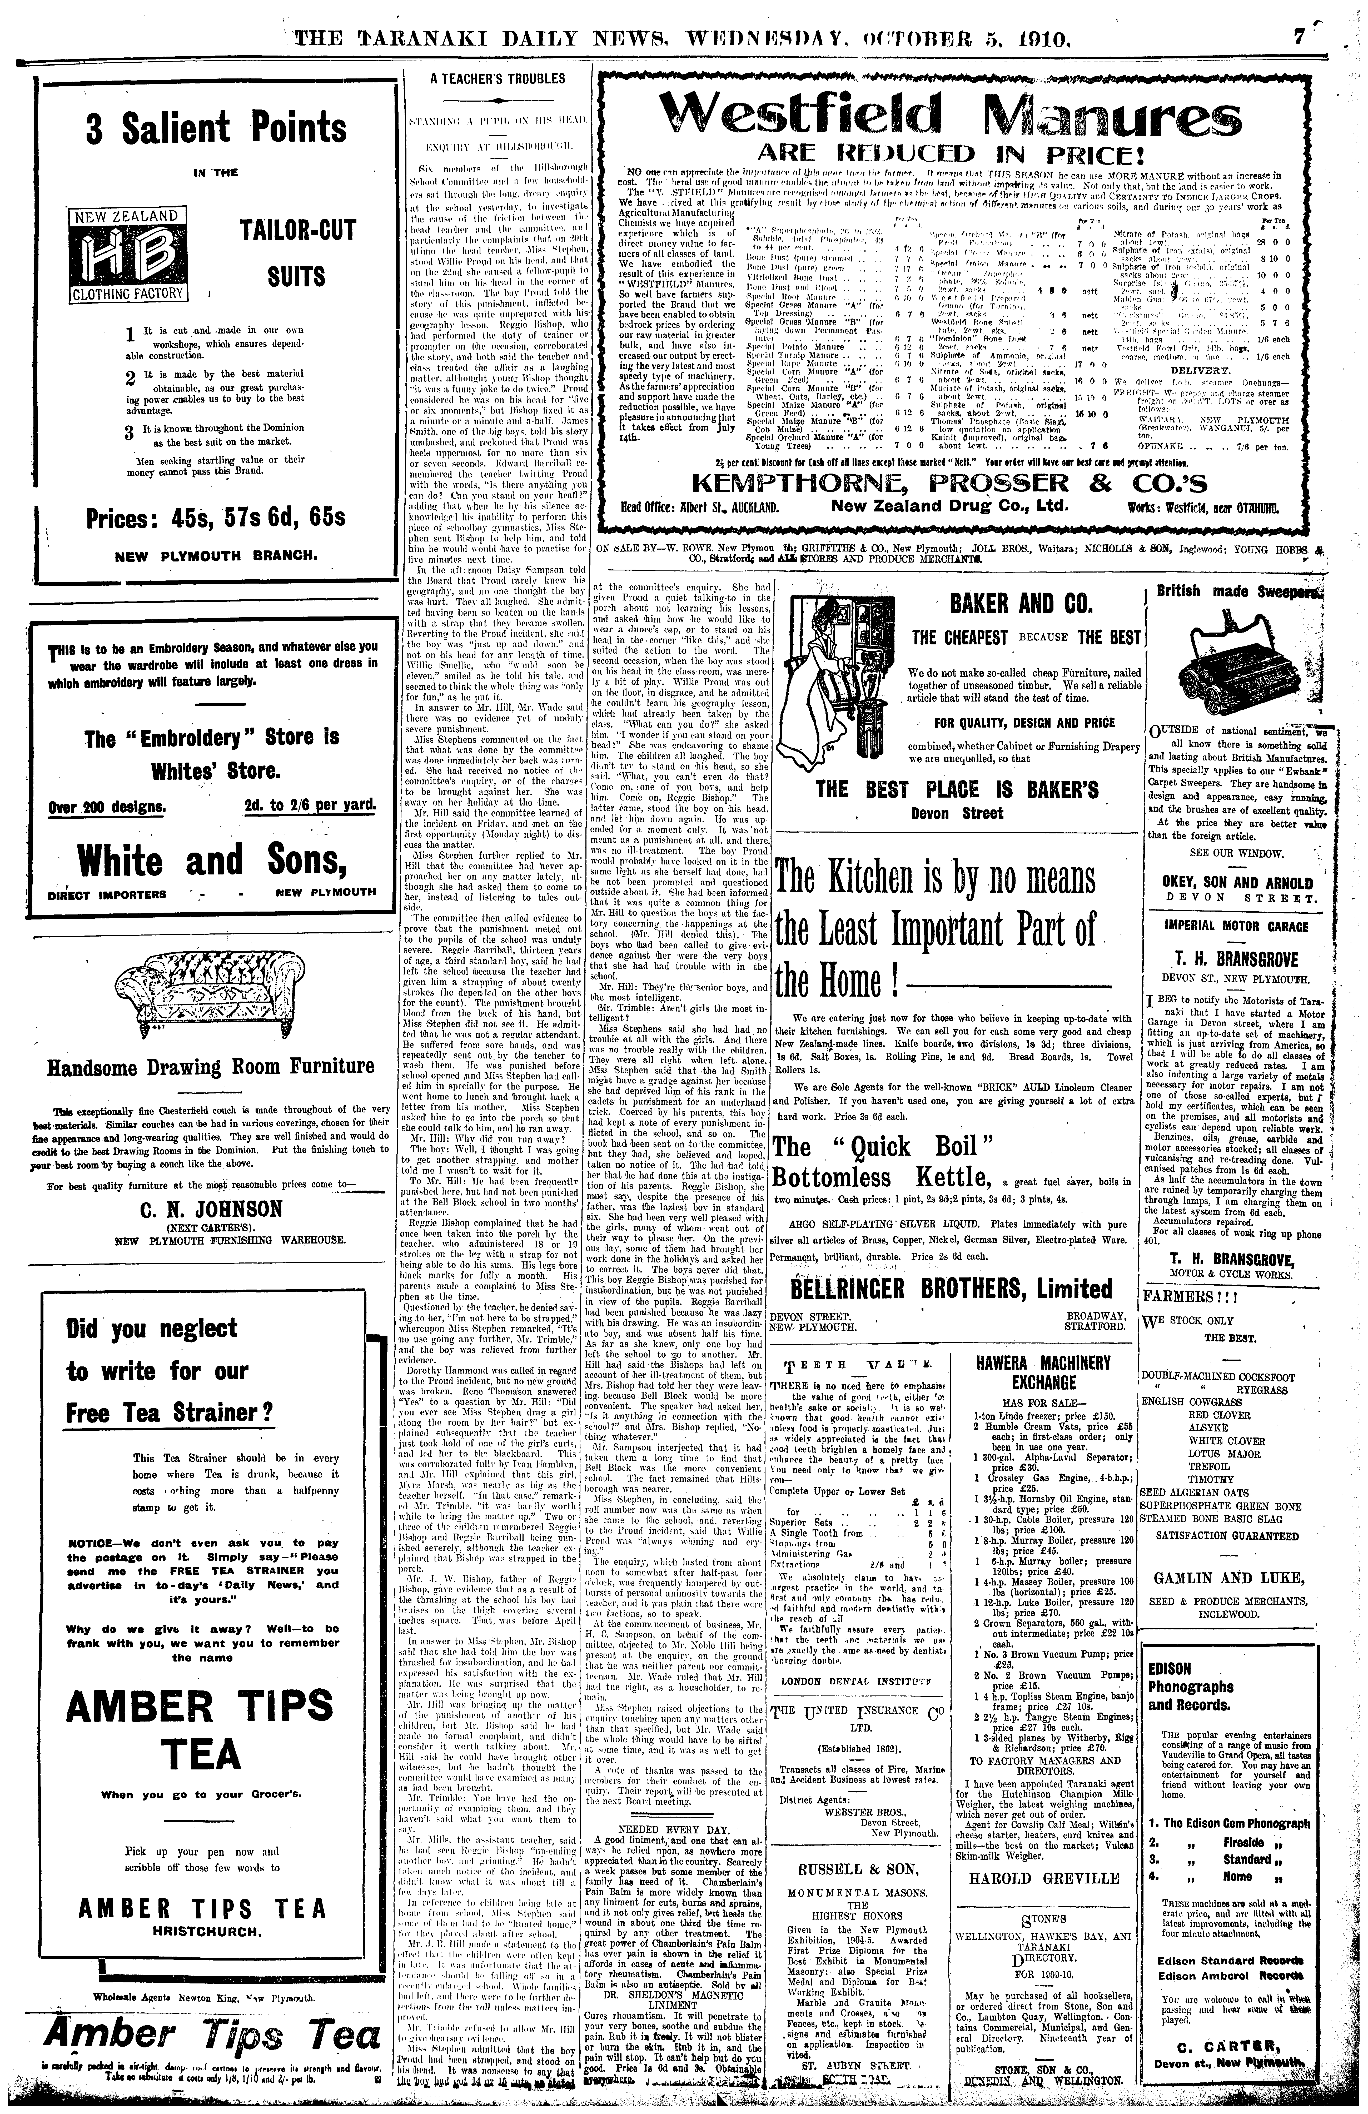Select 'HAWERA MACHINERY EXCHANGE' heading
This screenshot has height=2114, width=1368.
pyautogui.click(x=1044, y=1372)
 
